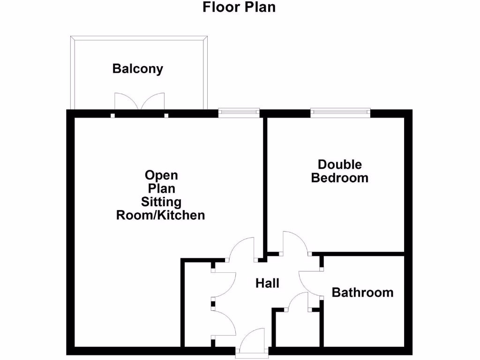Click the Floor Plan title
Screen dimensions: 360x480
(239, 7)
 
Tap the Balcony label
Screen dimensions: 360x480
(138, 69)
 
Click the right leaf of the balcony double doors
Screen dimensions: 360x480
(153, 101)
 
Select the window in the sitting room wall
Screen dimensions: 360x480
(239, 112)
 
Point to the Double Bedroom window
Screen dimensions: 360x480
(340, 112)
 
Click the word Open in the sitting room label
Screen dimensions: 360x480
(161, 175)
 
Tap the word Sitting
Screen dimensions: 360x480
(161, 202)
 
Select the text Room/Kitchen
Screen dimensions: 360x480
(161, 216)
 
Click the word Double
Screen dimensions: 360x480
(340, 165)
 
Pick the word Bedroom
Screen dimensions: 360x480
(340, 178)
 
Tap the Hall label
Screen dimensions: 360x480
(267, 283)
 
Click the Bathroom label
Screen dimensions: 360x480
(362, 292)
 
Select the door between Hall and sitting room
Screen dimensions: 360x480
(241, 248)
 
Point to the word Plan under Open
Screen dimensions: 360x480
(161, 189)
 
